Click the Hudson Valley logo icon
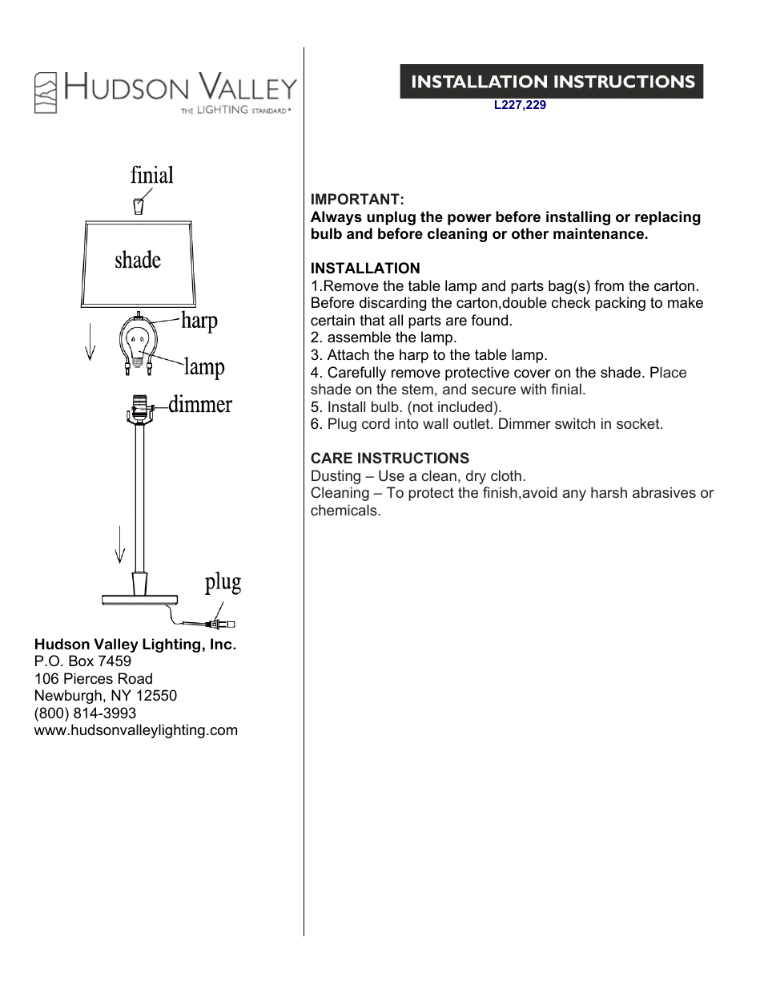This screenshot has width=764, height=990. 46,92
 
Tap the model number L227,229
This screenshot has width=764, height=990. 520,105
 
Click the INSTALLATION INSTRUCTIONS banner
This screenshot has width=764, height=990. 552,82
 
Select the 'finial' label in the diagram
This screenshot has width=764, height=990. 152,176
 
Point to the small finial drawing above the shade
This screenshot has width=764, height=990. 139,205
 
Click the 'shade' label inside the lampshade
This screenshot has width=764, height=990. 138,260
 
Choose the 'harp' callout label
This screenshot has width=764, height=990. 199,321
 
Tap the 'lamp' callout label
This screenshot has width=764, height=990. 204,367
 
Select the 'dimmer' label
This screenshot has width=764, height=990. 200,405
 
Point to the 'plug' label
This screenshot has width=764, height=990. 223,582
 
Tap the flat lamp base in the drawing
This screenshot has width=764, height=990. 139,599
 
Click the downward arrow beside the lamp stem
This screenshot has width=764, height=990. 120,545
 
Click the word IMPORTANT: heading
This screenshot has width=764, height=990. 357,200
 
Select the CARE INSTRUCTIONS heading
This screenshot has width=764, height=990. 390,459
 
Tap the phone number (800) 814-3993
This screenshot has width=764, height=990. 85,713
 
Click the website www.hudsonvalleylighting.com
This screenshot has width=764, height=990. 136,730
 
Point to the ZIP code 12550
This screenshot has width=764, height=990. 156,696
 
